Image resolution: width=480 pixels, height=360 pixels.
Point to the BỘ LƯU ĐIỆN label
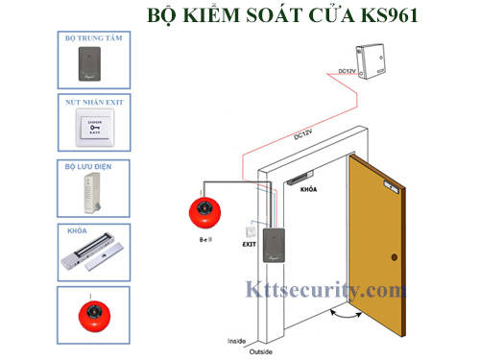tap(87, 165)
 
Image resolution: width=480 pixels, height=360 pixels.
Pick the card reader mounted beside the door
tap(276, 251)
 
